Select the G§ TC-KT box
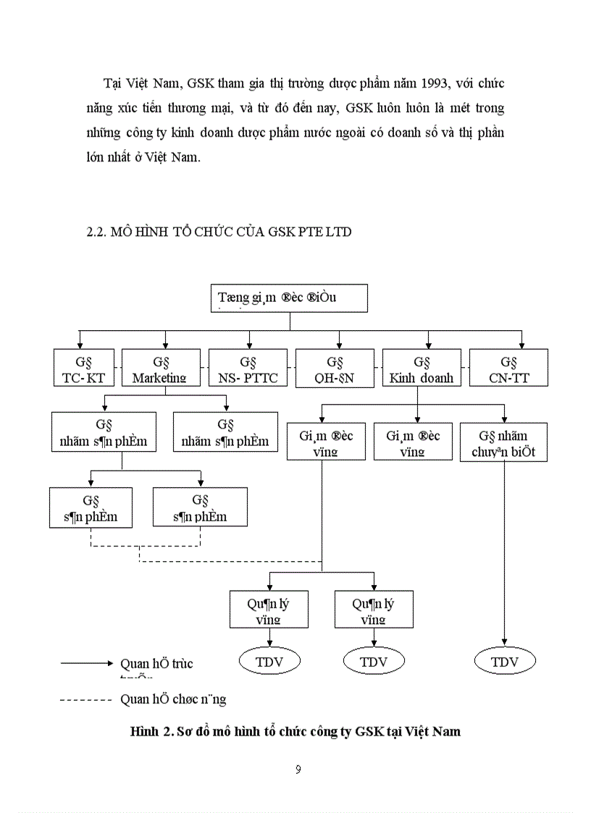pyautogui.click(x=85, y=368)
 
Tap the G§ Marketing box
pyautogui.click(x=160, y=368)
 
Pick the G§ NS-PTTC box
pyautogui.click(x=248, y=368)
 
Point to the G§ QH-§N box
pyautogui.click(x=334, y=368)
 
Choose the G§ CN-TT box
pyautogui.click(x=508, y=368)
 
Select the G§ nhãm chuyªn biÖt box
pyautogui.click(x=503, y=442)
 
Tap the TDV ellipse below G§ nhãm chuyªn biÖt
pyautogui.click(x=505, y=662)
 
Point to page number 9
pyautogui.click(x=298, y=769)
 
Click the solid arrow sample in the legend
pyautogui.click(x=87, y=663)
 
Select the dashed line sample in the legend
pyautogui.click(x=87, y=699)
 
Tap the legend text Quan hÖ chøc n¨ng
pyautogui.click(x=173, y=699)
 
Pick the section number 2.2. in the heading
pyautogui.click(x=96, y=232)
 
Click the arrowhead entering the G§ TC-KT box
pyautogui.click(x=78, y=345)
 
